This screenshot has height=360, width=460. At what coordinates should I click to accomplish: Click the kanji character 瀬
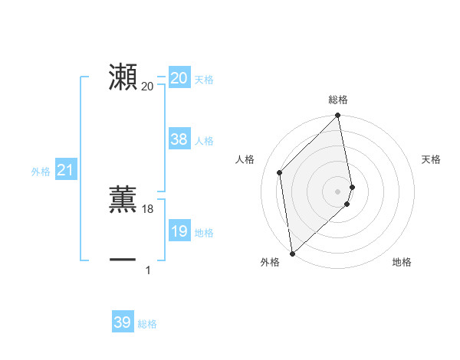click(x=123, y=77)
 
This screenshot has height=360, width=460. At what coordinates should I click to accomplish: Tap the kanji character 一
click(x=123, y=260)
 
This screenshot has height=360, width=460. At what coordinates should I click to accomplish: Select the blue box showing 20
click(x=179, y=78)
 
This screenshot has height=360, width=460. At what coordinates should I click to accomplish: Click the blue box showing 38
click(x=179, y=139)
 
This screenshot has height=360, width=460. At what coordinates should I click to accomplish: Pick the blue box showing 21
click(x=65, y=171)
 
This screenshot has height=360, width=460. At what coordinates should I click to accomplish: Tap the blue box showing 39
click(x=123, y=323)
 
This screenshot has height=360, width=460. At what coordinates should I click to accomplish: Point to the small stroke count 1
click(x=148, y=270)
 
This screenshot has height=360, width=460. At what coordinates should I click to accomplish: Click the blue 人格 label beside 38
click(x=204, y=141)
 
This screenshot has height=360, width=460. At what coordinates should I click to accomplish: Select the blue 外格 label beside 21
click(x=41, y=172)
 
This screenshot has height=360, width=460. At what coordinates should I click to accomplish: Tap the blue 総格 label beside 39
click(x=147, y=324)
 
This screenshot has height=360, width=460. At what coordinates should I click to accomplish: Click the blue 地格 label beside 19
click(x=204, y=233)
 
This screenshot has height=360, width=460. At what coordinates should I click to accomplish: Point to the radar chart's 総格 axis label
click(x=338, y=100)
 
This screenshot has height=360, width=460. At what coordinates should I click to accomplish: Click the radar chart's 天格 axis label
click(x=431, y=159)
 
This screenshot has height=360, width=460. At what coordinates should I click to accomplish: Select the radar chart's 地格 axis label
click(x=402, y=262)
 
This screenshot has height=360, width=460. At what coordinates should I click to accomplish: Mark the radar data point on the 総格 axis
click(x=338, y=116)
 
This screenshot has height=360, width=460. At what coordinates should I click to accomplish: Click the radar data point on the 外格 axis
click(x=292, y=253)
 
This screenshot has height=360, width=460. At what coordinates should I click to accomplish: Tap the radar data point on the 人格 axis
click(x=280, y=172)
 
